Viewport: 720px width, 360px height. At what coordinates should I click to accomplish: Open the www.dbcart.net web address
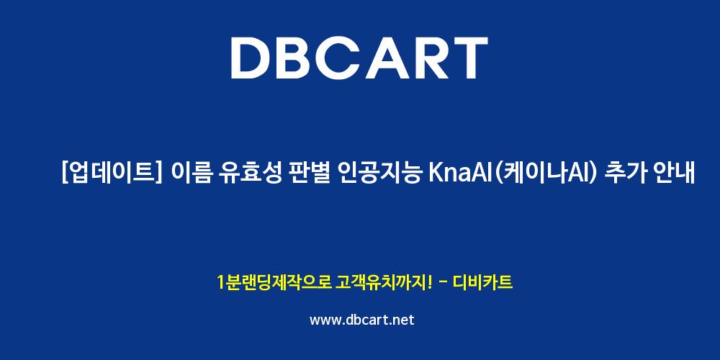(362, 320)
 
